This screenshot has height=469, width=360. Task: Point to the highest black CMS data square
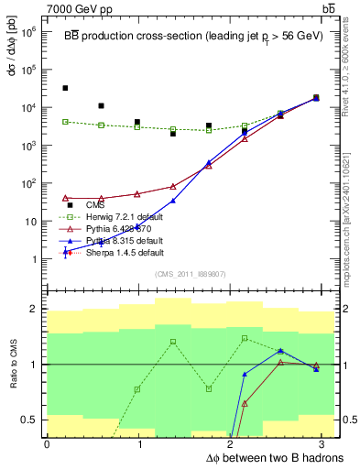point(65,88)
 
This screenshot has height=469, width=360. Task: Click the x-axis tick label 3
point(327,443)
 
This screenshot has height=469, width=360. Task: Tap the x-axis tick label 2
point(234,443)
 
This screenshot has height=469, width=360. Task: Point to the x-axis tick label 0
point(47,443)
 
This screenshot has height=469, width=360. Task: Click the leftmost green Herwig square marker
point(65,121)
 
